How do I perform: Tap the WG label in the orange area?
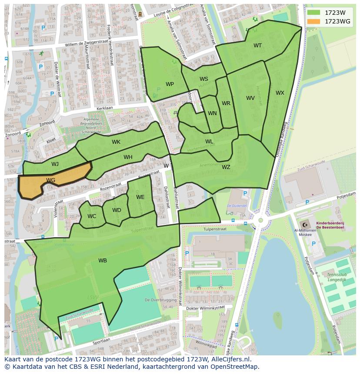pyautogui.click(x=50, y=180)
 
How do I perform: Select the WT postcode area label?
pyautogui.click(x=258, y=46)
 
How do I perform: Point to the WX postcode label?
pyautogui.click(x=280, y=93)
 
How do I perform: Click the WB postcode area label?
pyautogui.click(x=103, y=261)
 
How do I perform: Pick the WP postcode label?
pyautogui.click(x=170, y=84)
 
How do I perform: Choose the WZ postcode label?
pyautogui.click(x=226, y=167)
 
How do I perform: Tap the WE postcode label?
pyautogui.click(x=140, y=197)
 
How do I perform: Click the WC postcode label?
pyautogui.click(x=92, y=216)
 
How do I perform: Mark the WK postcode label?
pyautogui.click(x=116, y=142)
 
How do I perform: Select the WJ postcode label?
pyautogui.click(x=55, y=164)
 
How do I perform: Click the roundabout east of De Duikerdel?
pyautogui.click(x=260, y=220)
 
